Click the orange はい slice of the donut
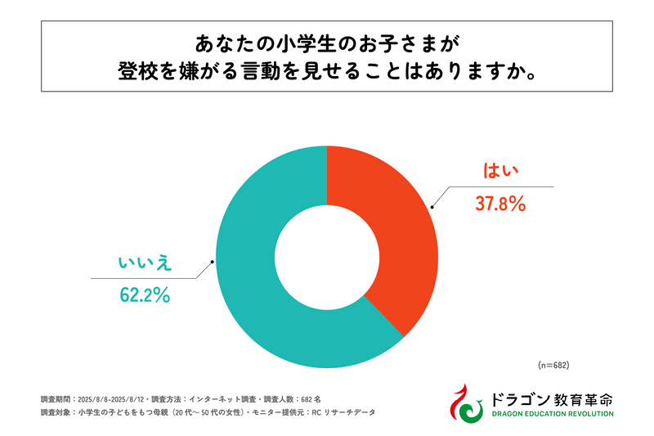point(392,237)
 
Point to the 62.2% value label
point(144,296)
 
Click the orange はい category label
point(497,170)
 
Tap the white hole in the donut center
point(326,254)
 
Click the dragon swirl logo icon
point(468,401)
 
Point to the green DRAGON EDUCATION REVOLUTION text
point(552,415)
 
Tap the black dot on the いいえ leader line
point(213,263)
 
